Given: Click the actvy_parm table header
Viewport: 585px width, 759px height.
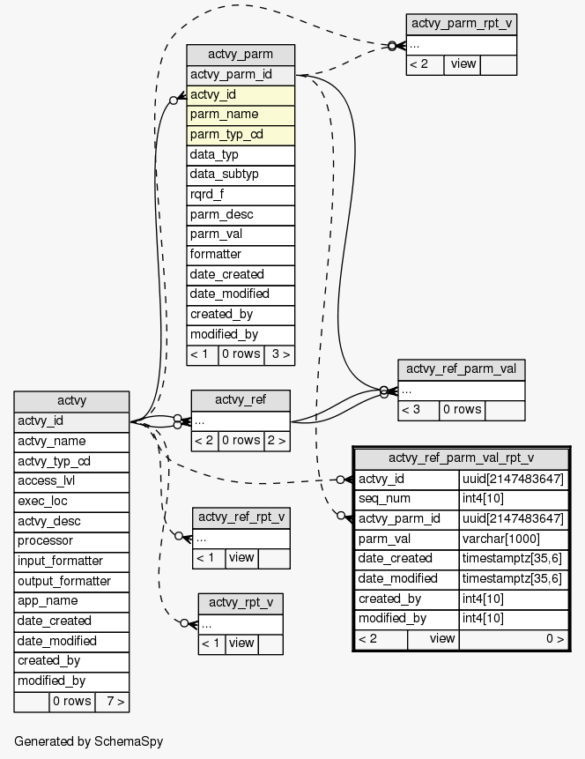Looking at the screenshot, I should click(x=240, y=55).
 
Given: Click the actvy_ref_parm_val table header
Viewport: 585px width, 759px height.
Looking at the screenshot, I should click(x=461, y=369).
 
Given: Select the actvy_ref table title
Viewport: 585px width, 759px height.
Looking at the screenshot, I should click(x=240, y=400).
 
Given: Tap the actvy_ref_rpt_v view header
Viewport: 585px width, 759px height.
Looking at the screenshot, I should click(x=241, y=517).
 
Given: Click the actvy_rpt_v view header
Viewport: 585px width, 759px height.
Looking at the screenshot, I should click(x=240, y=603).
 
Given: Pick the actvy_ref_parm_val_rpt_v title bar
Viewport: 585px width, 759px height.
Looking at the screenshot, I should click(x=461, y=458).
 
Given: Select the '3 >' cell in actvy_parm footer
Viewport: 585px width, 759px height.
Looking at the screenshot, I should click(x=278, y=354).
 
